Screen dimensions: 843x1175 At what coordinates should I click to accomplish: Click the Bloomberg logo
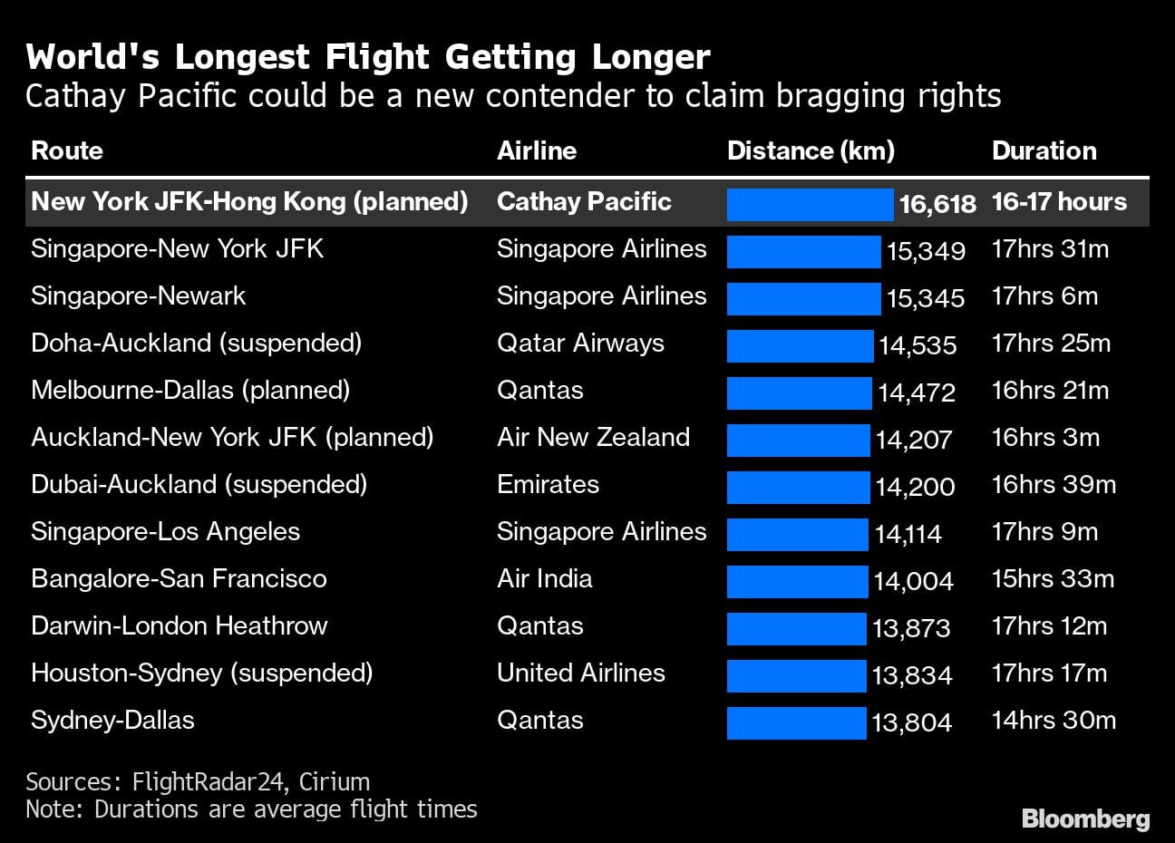point(1085,819)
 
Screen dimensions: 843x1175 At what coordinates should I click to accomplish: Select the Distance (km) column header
point(811,150)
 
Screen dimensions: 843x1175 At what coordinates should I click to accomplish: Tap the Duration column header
point(1044,150)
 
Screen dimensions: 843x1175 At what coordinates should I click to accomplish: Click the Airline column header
point(537,150)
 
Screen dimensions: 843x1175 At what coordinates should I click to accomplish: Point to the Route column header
point(67,150)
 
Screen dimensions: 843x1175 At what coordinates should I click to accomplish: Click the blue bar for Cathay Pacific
point(810,204)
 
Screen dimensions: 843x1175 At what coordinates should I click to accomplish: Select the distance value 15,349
point(926,251)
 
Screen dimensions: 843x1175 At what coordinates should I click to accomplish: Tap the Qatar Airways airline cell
point(580,344)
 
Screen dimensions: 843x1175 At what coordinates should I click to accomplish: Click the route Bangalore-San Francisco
point(179,578)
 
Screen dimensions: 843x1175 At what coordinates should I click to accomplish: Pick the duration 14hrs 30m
point(1054,721)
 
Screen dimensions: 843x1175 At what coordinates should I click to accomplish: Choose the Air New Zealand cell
point(593,437)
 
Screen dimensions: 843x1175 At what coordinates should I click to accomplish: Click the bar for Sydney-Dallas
point(796,722)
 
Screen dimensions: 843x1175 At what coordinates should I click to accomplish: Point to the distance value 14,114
point(908,534)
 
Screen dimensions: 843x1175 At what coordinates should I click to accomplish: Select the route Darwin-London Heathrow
point(180,625)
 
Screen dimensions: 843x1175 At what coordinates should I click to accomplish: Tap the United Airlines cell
point(580,673)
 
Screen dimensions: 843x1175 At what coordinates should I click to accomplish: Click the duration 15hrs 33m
point(1053,578)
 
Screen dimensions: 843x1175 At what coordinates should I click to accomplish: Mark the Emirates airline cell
point(548,484)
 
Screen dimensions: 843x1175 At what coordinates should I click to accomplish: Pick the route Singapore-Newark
point(138,296)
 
